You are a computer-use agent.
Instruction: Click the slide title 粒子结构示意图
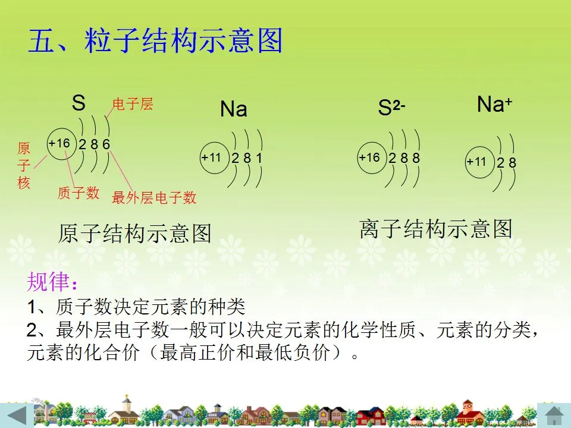183,40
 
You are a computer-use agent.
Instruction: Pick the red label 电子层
133,104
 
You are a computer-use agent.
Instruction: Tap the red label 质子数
79,193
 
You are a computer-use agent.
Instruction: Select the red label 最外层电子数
154,197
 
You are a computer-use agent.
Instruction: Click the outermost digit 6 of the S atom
106,144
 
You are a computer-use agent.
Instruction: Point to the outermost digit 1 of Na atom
259,158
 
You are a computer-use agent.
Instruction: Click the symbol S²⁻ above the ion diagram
391,108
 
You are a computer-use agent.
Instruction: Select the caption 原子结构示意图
135,233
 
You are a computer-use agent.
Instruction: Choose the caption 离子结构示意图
436,228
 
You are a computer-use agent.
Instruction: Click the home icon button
554,416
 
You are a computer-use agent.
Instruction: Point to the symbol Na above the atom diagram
233,109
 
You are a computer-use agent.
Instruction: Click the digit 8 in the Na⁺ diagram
512,163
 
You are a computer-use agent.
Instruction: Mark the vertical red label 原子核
24,166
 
